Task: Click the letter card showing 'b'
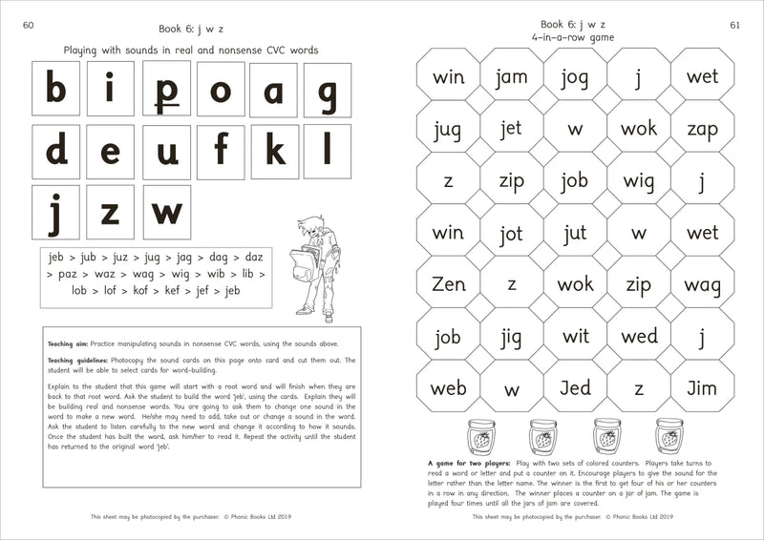(56, 93)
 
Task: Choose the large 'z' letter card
(111, 212)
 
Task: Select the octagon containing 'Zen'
(448, 284)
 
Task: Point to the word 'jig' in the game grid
(511, 337)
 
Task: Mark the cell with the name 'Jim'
(702, 389)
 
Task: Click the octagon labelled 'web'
(448, 389)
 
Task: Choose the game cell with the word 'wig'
(639, 180)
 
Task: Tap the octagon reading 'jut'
(575, 232)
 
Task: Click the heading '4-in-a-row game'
(574, 37)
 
